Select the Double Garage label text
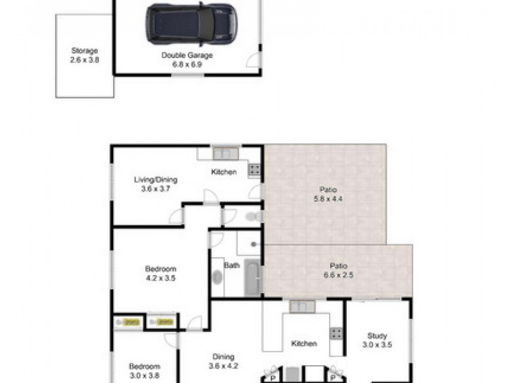coord(187,59)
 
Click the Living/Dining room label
coord(155,184)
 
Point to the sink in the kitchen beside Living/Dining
coord(225,153)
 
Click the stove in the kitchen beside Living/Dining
coord(254,169)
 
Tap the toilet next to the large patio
coord(254,216)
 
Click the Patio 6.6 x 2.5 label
coord(338,270)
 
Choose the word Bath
coord(231,265)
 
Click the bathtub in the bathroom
coord(252,278)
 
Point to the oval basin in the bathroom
coord(217,278)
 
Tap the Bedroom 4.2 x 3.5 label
coord(160,273)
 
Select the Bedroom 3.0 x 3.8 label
coord(144,371)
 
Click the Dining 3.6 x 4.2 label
coord(224,361)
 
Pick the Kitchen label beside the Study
coord(304,343)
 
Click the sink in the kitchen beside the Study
coord(301,307)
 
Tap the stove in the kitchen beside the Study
coord(336,333)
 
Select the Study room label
coord(377,340)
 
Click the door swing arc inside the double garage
coord(254,60)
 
